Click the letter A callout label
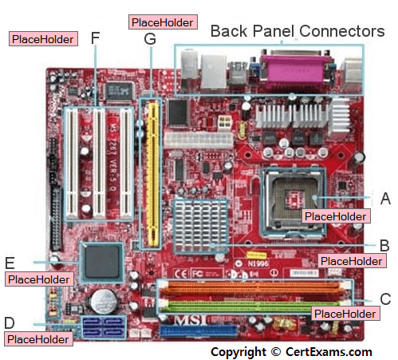click(x=385, y=199)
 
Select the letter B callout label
click(x=384, y=245)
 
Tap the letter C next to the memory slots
click(x=385, y=299)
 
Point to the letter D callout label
click(x=10, y=322)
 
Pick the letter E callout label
click(x=10, y=263)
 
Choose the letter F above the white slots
click(x=95, y=38)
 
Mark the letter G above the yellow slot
click(x=150, y=39)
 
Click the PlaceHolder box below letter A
click(x=336, y=216)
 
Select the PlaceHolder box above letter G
click(x=163, y=22)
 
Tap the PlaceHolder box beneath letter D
click(x=38, y=339)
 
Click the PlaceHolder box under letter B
click(x=352, y=261)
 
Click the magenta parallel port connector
click(x=295, y=69)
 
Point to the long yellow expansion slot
click(x=153, y=174)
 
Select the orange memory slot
click(x=252, y=287)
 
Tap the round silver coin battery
click(x=104, y=302)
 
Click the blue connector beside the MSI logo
click(x=198, y=330)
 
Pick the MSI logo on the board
click(x=191, y=320)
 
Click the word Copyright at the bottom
click(x=238, y=352)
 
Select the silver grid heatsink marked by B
click(x=200, y=227)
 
